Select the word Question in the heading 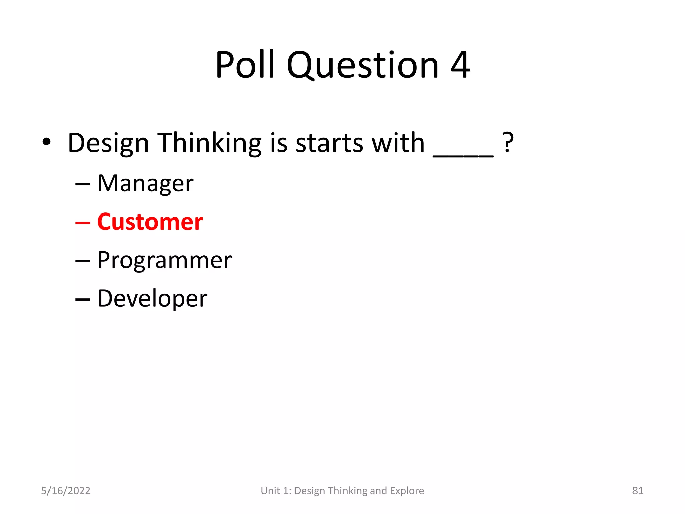363,65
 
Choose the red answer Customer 150,222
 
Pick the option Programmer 165,260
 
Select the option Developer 152,298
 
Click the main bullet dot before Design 46,142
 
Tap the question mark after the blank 508,143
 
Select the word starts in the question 329,143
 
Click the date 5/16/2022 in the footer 66,491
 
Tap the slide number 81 638,491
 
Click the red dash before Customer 83,222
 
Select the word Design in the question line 108,143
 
